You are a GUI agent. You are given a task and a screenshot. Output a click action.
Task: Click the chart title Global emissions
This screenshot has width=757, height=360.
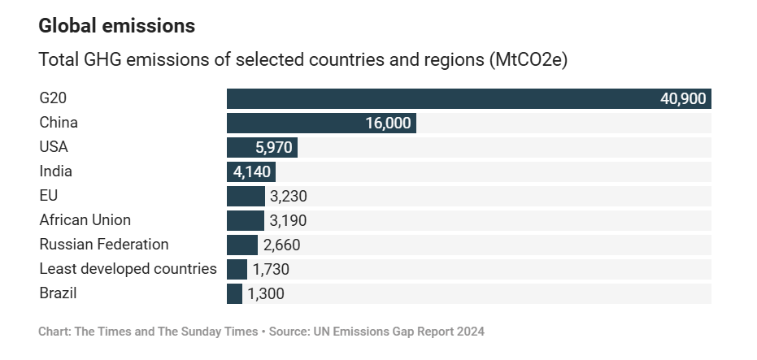pyautogui.click(x=117, y=26)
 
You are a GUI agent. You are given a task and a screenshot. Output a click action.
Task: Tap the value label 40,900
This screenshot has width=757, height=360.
pyautogui.click(x=684, y=99)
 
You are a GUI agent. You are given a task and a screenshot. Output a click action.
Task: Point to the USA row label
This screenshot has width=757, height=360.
pyautogui.click(x=54, y=147)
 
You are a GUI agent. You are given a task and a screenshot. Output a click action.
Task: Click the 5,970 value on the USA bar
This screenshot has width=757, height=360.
pyautogui.click(x=273, y=148)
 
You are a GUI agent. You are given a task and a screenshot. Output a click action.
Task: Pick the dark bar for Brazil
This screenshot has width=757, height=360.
pyautogui.click(x=234, y=293)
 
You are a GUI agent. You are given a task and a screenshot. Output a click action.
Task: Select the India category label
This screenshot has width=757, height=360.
pyautogui.click(x=56, y=171)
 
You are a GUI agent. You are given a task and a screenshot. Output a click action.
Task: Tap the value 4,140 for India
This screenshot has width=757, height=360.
pyautogui.click(x=252, y=172)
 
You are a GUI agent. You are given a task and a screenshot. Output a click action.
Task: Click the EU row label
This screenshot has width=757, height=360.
pyautogui.click(x=49, y=196)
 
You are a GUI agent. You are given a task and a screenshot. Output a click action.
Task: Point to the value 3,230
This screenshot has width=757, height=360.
pyautogui.click(x=289, y=197)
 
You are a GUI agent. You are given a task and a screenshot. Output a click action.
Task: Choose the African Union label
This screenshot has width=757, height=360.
pyautogui.click(x=85, y=220)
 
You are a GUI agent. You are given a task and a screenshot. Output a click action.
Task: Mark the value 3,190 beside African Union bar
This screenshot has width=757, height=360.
pyautogui.click(x=288, y=221)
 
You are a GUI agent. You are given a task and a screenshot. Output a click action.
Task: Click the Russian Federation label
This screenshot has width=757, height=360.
pyautogui.click(x=104, y=245)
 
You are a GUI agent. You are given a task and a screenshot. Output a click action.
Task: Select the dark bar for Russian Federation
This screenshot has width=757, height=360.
pyautogui.click(x=241, y=245)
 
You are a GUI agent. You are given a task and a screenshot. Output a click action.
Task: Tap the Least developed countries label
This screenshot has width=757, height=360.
pyautogui.click(x=128, y=269)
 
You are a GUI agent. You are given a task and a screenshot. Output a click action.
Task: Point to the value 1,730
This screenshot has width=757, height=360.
pyautogui.click(x=271, y=270)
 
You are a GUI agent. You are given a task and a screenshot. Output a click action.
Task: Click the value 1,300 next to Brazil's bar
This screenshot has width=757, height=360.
pyautogui.click(x=266, y=294)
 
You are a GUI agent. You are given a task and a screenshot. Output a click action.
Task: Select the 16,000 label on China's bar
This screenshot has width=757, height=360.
pyautogui.click(x=388, y=124)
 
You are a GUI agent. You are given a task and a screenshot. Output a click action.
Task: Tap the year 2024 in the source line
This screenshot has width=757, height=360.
pyautogui.click(x=468, y=332)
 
